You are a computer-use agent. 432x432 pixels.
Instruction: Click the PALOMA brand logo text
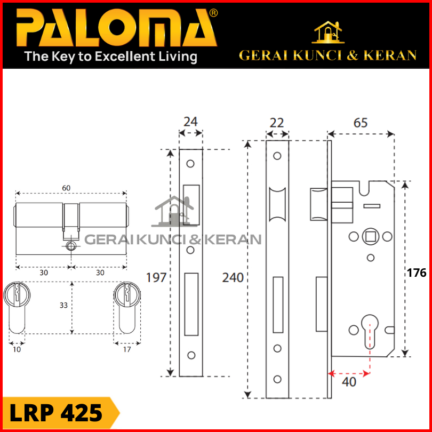[x=116, y=28]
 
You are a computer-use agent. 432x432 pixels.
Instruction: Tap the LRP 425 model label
[x=56, y=413]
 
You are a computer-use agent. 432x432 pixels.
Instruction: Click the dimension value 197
[x=156, y=277]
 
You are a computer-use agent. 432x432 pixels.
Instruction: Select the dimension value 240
[x=233, y=277]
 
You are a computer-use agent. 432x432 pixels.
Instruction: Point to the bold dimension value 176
[x=417, y=273]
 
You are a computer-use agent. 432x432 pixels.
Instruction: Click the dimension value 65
[x=361, y=123]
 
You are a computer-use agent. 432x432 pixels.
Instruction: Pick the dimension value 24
[x=190, y=122]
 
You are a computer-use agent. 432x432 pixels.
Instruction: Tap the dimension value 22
[x=277, y=123]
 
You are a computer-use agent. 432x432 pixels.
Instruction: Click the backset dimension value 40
[x=349, y=382]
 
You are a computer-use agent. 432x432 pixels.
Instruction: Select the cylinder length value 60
[x=66, y=188]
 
